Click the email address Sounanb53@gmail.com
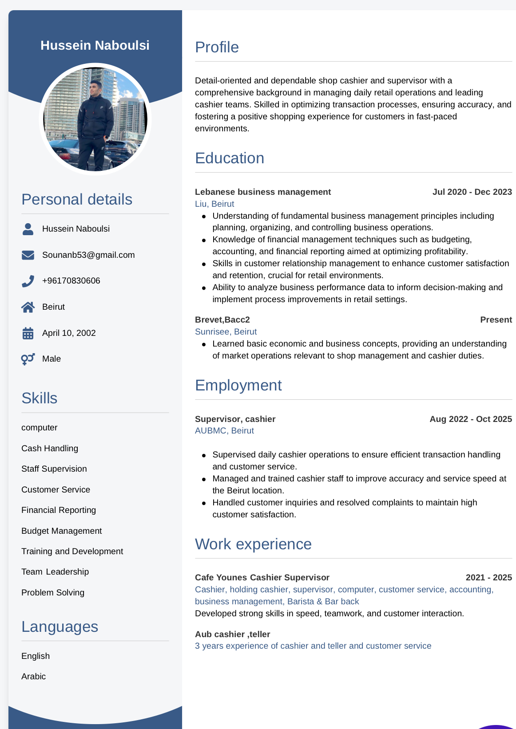click(88, 255)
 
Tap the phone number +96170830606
click(71, 281)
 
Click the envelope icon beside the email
click(28, 255)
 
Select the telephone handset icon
click(28, 281)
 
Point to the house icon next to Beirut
click(28, 307)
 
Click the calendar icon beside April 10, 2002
click(28, 333)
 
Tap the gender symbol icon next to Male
click(28, 359)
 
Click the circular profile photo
click(95, 119)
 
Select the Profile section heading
click(217, 47)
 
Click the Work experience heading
click(253, 544)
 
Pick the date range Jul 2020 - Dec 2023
click(472, 192)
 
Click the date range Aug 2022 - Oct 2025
click(471, 419)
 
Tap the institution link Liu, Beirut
click(214, 204)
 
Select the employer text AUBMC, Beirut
click(224, 431)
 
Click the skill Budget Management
click(62, 531)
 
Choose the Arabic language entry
click(34, 677)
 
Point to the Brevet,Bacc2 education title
click(222, 320)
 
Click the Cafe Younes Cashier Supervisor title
click(262, 578)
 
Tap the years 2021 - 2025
click(488, 578)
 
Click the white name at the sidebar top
click(95, 45)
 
